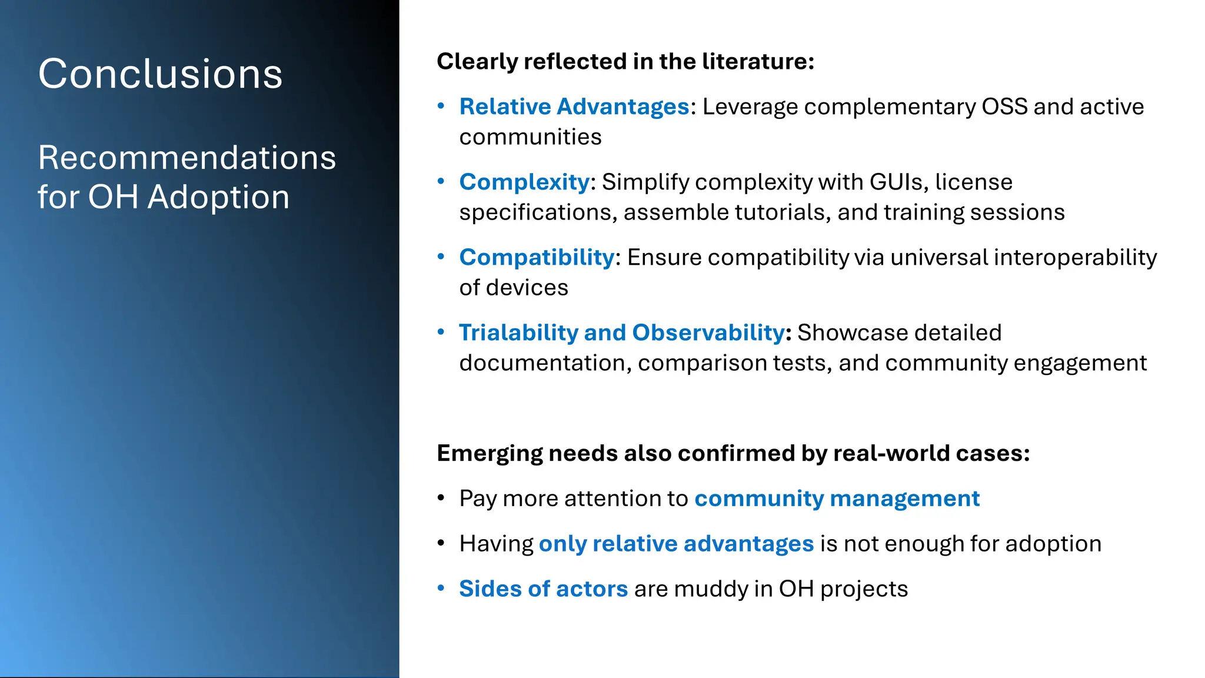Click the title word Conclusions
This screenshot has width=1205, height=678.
click(160, 74)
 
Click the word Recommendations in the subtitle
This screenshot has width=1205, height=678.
click(187, 158)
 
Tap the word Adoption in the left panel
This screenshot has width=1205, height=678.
click(218, 197)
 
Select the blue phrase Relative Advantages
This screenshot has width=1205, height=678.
click(574, 107)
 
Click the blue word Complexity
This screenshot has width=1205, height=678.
click(524, 182)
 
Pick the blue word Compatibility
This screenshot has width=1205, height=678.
click(537, 257)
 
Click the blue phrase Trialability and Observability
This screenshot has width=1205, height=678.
click(621, 333)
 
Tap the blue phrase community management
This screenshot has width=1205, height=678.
click(837, 498)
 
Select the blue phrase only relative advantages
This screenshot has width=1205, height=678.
click(676, 544)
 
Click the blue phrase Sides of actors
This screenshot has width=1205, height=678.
click(543, 589)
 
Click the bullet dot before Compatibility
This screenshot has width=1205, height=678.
click(441, 257)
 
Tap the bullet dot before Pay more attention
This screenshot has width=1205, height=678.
click(441, 498)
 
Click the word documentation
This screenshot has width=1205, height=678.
click(545, 363)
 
